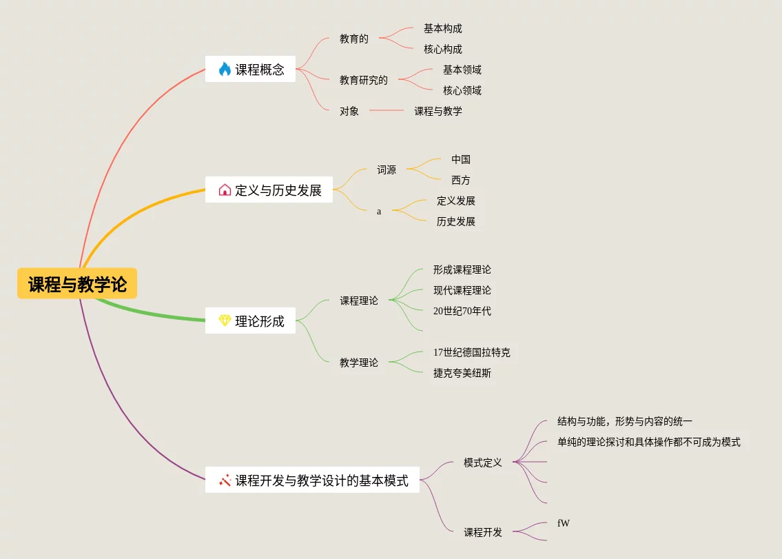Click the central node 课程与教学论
(x=77, y=284)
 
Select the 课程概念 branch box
(x=250, y=69)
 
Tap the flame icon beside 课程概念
(x=225, y=69)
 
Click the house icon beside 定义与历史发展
(x=225, y=190)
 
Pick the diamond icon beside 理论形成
(x=225, y=321)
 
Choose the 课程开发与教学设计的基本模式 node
(x=312, y=480)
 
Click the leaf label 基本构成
(x=442, y=29)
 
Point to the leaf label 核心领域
(x=462, y=90)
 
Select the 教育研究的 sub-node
(x=363, y=80)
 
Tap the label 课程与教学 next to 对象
(x=438, y=111)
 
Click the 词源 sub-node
(x=386, y=170)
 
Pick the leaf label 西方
(x=460, y=180)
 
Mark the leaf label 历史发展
(x=455, y=221)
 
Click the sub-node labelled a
(x=379, y=212)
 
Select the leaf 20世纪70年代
(x=462, y=311)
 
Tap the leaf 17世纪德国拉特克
(x=471, y=352)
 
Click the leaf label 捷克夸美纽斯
(x=462, y=373)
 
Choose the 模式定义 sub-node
(x=482, y=463)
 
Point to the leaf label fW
(x=563, y=523)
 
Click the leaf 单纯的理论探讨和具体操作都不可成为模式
(x=648, y=442)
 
